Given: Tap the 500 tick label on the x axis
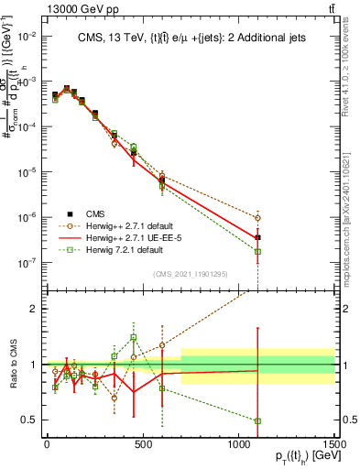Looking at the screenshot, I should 142,444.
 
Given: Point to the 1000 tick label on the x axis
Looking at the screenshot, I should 238,444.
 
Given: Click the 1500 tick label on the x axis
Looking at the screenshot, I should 334,444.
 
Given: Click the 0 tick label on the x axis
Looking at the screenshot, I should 47,444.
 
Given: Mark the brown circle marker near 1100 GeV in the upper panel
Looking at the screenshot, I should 257,218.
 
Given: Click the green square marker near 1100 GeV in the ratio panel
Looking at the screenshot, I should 257,421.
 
